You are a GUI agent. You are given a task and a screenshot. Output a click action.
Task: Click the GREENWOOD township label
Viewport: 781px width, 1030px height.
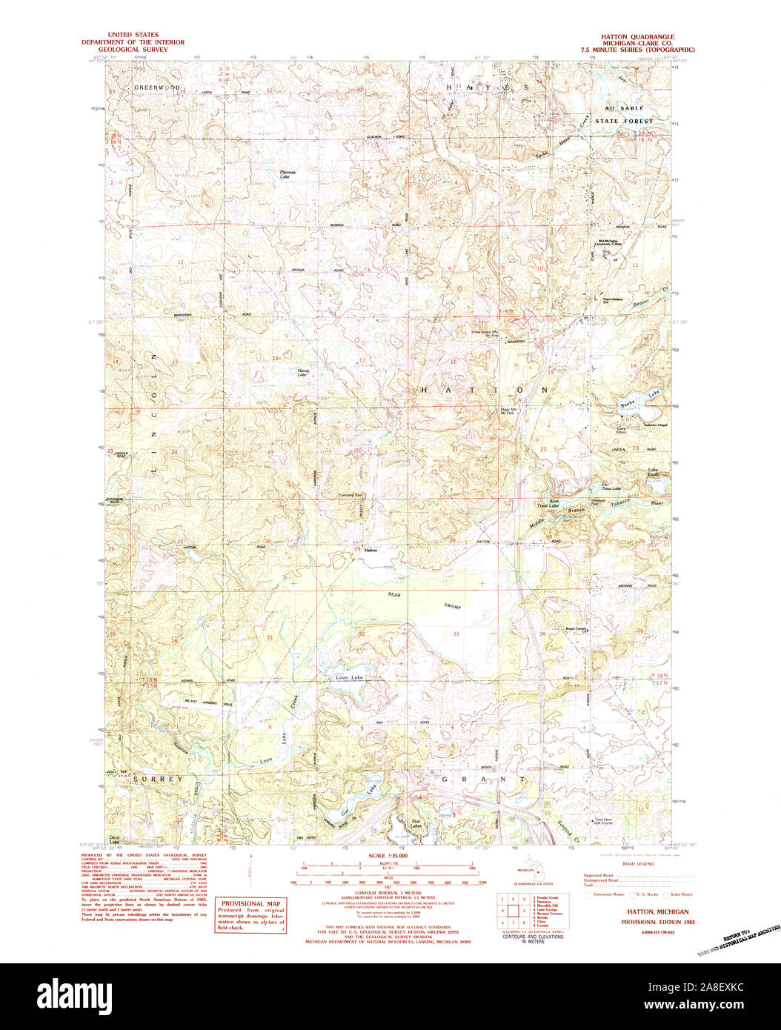(156, 87)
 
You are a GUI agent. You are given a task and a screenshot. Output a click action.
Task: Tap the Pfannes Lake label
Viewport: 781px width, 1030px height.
(287, 175)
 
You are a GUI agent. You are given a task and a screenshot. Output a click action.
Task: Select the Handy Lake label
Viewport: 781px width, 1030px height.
(302, 373)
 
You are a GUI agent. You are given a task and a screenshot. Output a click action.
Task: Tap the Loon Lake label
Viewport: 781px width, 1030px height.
(350, 677)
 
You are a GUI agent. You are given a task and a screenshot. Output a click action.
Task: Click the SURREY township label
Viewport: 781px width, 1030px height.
(158, 780)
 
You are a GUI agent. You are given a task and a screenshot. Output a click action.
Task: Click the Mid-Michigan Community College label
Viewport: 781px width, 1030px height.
(611, 242)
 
